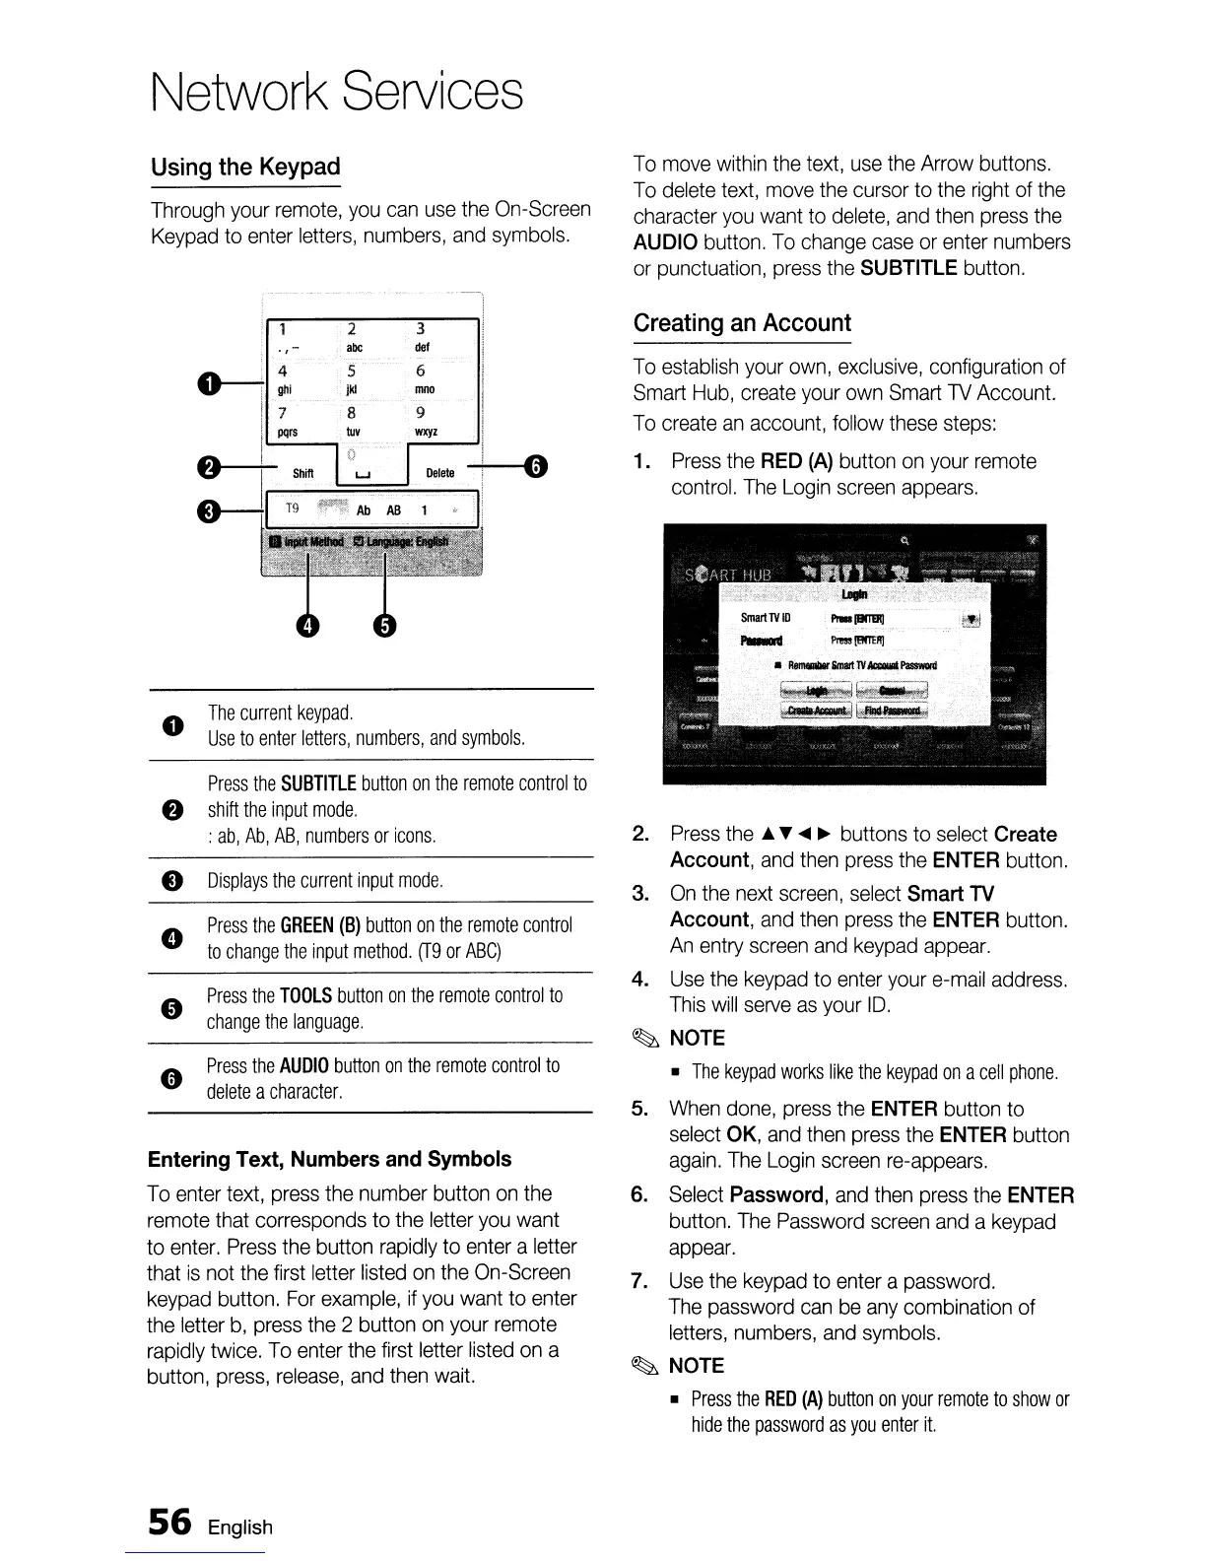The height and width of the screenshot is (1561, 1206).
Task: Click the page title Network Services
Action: point(336,92)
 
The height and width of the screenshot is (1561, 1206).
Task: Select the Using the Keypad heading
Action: point(245,167)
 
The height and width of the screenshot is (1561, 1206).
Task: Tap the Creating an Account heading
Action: point(742,323)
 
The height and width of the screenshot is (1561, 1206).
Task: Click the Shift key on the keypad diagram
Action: point(302,474)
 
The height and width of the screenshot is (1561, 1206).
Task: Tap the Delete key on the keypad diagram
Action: point(439,473)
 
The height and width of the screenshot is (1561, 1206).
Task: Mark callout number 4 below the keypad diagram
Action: point(309,626)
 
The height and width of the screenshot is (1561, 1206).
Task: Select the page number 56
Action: point(168,1523)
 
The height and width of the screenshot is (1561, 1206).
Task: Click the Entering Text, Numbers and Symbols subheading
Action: point(329,1159)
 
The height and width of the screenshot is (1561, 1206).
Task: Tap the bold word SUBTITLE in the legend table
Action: point(318,784)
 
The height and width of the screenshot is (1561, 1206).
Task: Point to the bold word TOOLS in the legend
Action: point(305,996)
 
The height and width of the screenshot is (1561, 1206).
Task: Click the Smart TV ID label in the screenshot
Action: point(767,618)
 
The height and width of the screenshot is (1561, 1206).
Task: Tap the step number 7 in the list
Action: point(638,1281)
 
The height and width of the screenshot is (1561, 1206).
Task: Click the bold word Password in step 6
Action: point(776,1195)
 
